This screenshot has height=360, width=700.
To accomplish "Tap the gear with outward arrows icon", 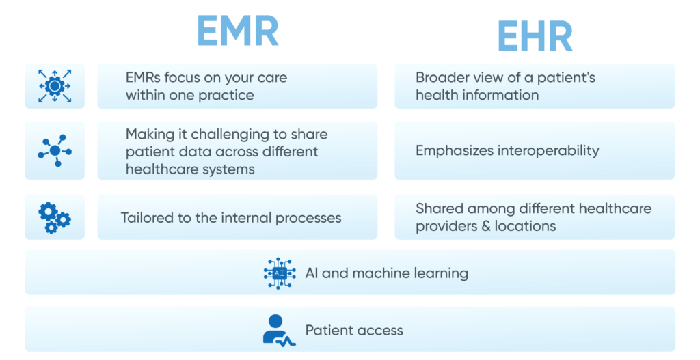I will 55,86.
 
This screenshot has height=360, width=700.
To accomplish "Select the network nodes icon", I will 55,150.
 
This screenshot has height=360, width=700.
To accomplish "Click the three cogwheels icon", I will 55,217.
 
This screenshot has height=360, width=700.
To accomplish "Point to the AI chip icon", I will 280,273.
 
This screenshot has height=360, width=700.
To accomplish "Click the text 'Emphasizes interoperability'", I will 507,150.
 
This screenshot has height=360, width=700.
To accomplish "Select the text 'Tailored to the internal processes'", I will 231,218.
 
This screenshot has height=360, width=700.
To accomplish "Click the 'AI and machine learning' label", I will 386,273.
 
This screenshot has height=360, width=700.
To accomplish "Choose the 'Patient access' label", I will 354,331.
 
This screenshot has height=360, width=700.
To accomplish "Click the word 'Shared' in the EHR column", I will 439,208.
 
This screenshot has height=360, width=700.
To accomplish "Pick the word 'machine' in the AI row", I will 386,273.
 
